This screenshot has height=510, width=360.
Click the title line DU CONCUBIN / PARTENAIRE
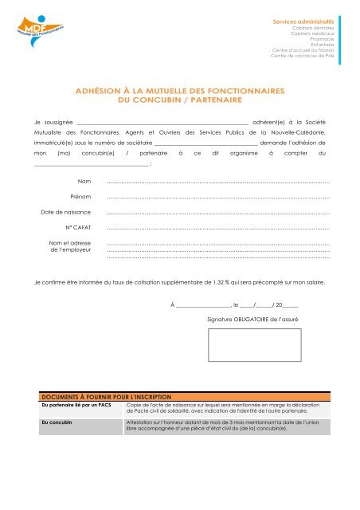pos(179,101)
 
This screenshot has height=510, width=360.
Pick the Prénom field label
pos(80,197)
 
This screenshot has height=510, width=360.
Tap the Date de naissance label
pos(66,212)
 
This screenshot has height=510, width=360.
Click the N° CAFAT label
pos(76,227)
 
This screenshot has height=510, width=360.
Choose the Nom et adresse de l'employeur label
pos(69,246)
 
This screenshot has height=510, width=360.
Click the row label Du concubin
pos(57,422)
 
